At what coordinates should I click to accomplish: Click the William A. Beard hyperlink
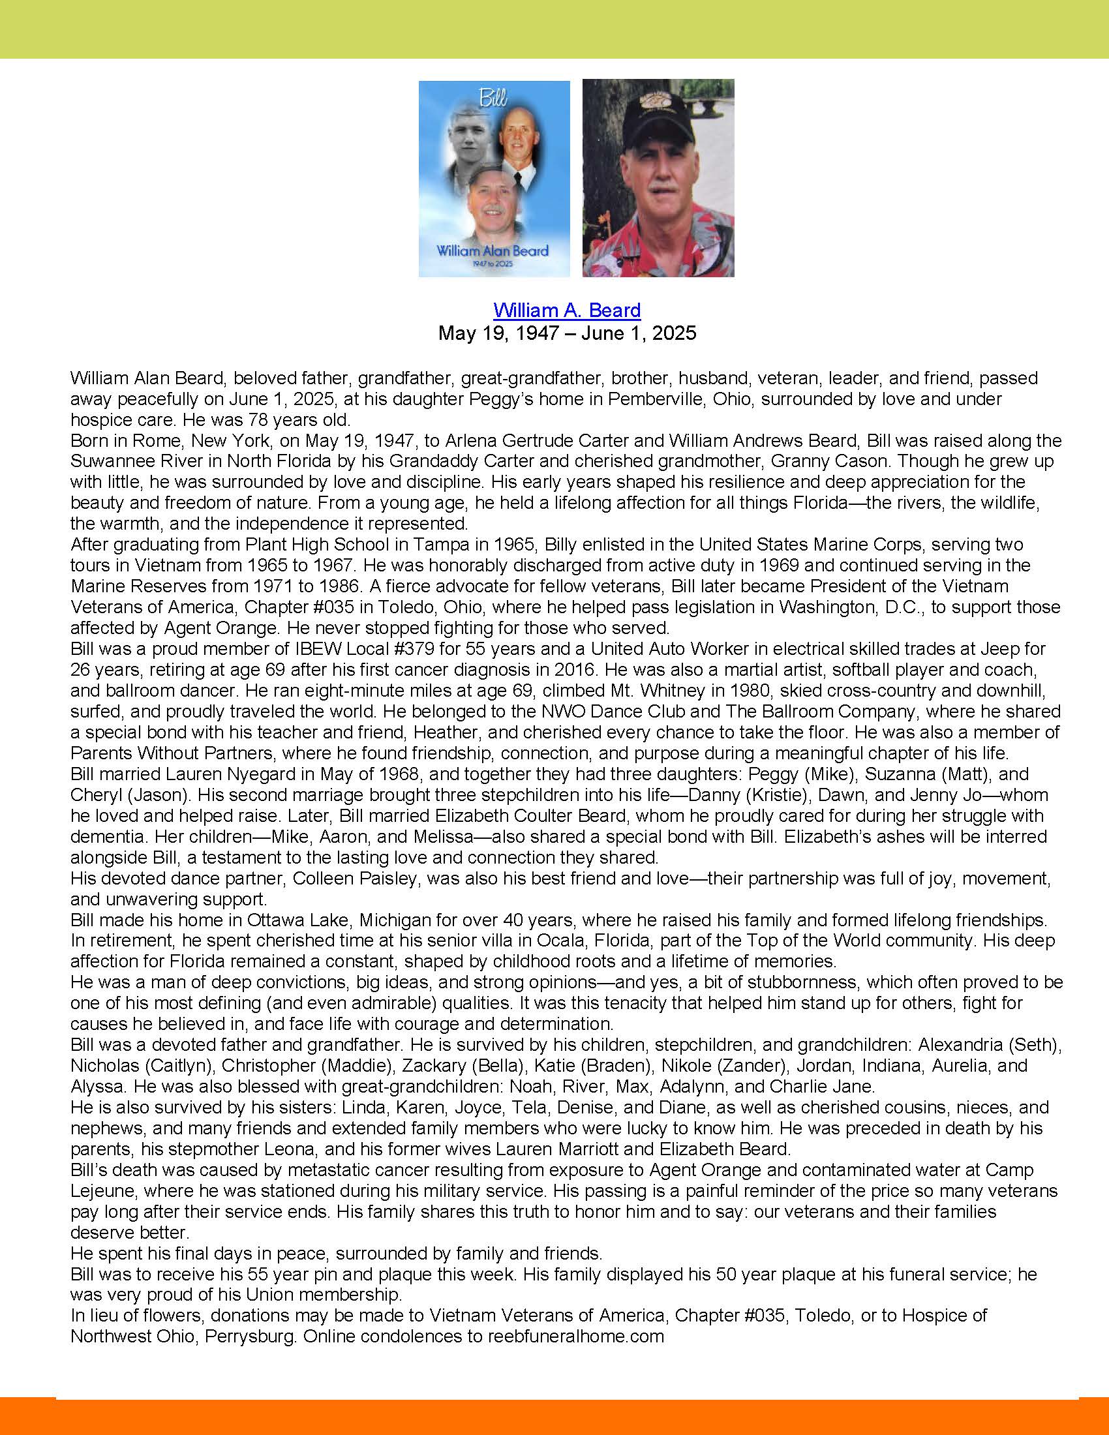point(566,310)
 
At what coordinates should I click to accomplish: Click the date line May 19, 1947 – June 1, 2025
point(566,333)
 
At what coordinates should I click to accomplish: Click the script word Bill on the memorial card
point(493,98)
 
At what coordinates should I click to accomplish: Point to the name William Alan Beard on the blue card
point(493,250)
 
